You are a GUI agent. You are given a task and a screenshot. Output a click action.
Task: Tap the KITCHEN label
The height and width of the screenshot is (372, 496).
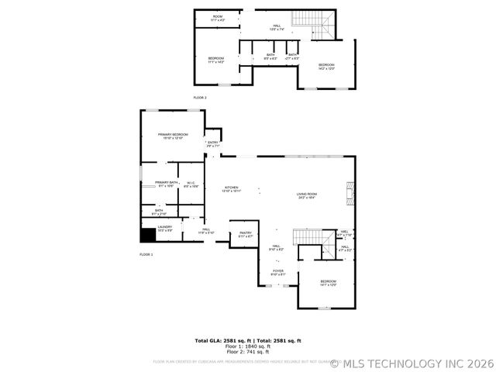pyautogui.click(x=232, y=188)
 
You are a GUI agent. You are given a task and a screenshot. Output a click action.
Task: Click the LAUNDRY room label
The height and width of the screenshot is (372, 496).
pyautogui.click(x=165, y=228)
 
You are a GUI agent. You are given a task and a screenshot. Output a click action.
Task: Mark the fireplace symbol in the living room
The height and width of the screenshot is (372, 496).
pyautogui.click(x=349, y=191)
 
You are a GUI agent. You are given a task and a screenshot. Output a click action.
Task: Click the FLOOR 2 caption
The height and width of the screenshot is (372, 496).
pyautogui.click(x=200, y=98)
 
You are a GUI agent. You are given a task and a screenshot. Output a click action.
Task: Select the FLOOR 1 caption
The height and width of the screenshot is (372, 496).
pyautogui.click(x=146, y=254)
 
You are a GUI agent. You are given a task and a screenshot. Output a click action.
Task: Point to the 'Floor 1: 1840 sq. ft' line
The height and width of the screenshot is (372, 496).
pyautogui.click(x=247, y=346)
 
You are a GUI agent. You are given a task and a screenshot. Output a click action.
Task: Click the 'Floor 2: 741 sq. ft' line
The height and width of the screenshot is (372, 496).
pyautogui.click(x=247, y=352)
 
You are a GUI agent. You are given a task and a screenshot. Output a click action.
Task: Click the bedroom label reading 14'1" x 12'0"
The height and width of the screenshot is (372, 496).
pyautogui.click(x=329, y=283)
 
